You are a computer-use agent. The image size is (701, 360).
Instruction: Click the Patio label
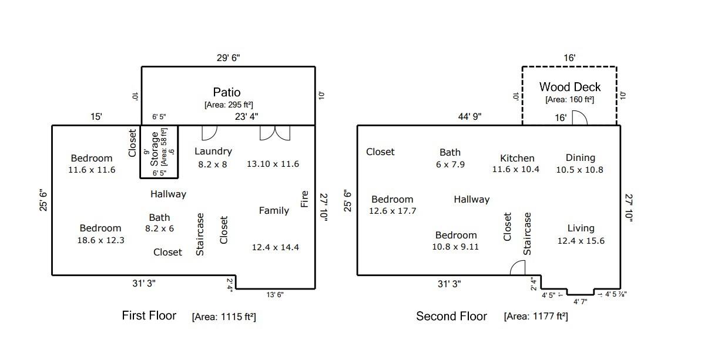227,92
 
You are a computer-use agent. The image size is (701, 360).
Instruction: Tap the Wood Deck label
570,87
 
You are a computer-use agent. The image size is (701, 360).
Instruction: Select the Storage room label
155,149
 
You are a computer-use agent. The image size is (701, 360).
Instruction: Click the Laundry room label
213,152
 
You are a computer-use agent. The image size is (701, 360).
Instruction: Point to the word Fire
304,199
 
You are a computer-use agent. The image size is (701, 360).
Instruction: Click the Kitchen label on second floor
517,158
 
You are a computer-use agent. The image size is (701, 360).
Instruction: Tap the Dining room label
581,157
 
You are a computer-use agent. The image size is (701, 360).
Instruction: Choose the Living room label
581,228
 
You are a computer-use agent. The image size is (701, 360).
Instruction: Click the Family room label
274,210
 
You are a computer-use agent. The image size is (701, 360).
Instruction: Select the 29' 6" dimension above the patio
229,58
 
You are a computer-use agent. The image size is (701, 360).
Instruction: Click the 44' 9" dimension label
469,117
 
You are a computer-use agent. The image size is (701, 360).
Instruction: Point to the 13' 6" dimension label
275,294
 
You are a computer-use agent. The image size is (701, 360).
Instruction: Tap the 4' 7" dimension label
581,302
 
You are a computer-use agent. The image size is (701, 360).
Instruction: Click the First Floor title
149,315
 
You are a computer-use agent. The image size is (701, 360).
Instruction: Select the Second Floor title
451,316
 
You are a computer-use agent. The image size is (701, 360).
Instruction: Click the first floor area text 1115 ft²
223,317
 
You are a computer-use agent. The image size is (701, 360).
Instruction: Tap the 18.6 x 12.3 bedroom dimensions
101,240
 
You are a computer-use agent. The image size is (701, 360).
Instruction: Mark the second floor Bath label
450,152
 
